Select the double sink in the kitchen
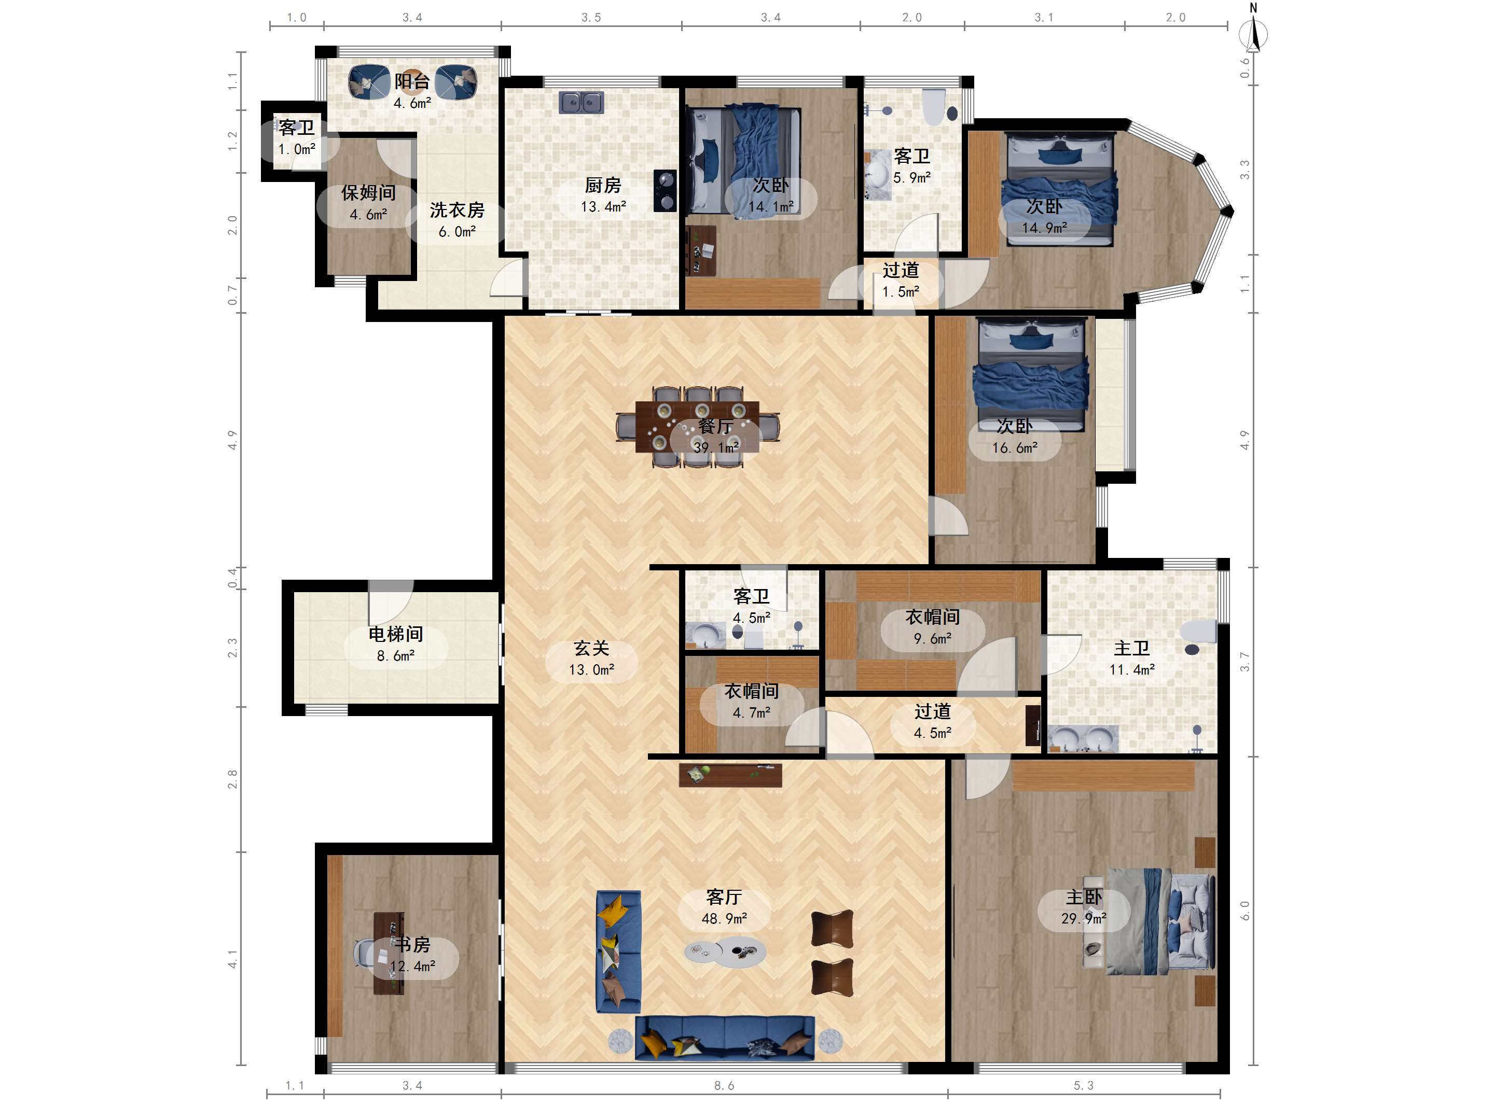point(581,103)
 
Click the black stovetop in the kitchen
point(665,190)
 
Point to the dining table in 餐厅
point(697,427)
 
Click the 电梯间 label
point(396,634)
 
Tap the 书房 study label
point(412,944)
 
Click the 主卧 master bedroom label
point(1084,897)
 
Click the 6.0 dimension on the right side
point(1245,910)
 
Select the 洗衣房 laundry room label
point(457,210)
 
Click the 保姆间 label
point(368,192)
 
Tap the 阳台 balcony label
point(412,81)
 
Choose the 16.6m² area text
point(1015,447)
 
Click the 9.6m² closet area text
point(933,638)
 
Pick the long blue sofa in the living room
point(725,1038)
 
